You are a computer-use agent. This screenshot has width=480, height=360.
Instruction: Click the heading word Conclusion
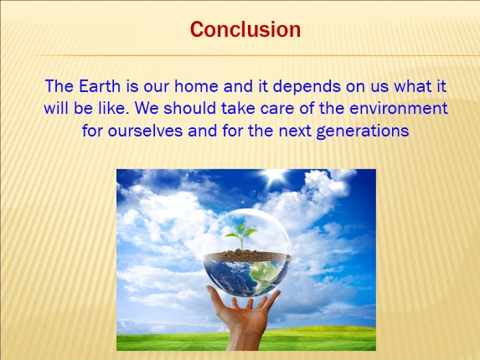point(245,30)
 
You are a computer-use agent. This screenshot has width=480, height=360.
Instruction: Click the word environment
point(400,109)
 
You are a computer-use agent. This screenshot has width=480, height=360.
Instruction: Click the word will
point(57,109)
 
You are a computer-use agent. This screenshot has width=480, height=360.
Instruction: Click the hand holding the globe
point(242,314)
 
